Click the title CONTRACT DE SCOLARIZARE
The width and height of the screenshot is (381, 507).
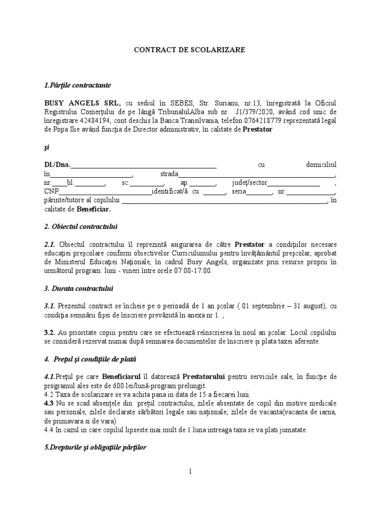[190, 50]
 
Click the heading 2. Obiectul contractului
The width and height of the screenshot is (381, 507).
[80, 227]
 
